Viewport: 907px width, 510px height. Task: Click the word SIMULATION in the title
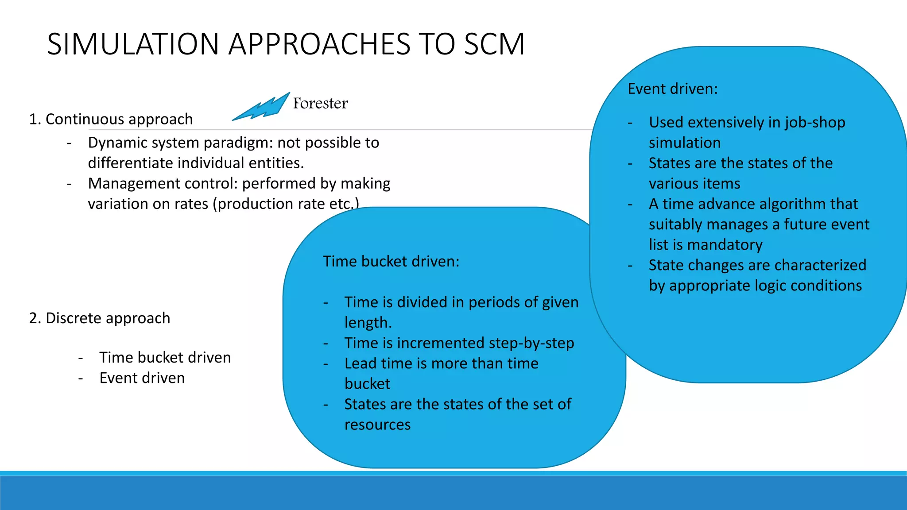coord(133,44)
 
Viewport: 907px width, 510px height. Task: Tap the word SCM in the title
coord(494,44)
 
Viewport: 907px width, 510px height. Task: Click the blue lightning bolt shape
coord(261,107)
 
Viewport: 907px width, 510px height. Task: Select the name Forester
coord(320,103)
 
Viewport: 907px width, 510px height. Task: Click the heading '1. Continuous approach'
coord(111,119)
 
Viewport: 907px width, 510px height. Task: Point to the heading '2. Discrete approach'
coord(100,318)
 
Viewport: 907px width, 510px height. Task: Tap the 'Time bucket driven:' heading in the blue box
coord(391,261)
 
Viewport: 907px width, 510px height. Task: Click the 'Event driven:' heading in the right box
coord(673,89)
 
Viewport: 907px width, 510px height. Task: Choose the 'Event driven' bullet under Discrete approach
coord(142,378)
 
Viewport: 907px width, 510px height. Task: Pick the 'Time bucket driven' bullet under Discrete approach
coord(165,357)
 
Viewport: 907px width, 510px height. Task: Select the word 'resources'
coord(377,425)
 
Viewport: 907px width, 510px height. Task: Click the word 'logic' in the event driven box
coord(770,286)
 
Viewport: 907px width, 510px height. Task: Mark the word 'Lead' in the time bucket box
coord(360,363)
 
